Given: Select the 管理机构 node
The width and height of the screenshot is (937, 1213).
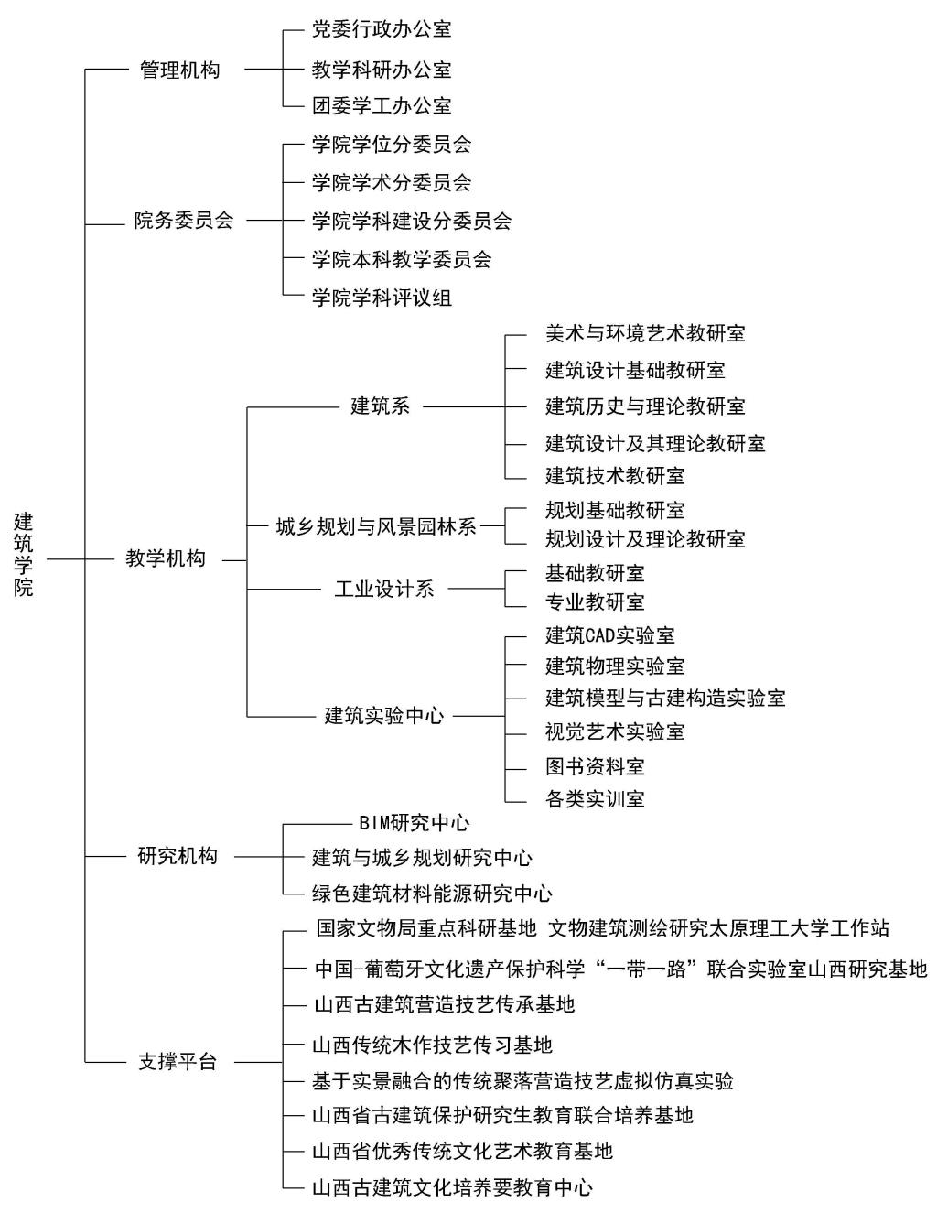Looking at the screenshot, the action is (x=180, y=70).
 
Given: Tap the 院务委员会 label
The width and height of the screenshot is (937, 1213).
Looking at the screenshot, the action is (x=184, y=221).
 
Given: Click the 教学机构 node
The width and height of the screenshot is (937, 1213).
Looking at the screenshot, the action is (x=166, y=558).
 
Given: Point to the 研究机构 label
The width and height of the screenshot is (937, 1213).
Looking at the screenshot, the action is (x=178, y=856).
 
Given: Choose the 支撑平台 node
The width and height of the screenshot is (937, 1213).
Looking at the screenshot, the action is (x=178, y=1061).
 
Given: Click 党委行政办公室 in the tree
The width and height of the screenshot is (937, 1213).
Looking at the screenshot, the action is (x=382, y=29).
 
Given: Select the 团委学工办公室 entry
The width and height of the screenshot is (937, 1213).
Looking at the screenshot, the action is (x=382, y=105).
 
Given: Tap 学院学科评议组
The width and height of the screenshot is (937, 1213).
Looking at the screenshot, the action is (x=382, y=298).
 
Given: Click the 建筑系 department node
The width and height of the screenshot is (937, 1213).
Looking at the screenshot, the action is (x=380, y=406).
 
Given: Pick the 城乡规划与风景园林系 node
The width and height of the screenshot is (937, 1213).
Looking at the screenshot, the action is (x=376, y=526).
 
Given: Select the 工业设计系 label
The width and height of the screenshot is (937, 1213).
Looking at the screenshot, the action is (x=384, y=589).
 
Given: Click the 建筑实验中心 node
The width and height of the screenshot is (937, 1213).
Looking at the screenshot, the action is (x=384, y=716).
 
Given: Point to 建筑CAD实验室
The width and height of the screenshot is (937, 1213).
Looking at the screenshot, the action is (x=609, y=635).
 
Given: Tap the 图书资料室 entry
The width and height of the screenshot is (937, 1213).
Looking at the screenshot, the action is (x=595, y=766).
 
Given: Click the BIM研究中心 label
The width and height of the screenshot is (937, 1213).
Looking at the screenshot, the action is (x=414, y=823).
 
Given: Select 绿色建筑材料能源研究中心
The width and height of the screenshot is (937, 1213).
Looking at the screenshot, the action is (x=432, y=894).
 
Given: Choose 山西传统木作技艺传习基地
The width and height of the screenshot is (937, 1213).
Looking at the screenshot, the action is (x=432, y=1045).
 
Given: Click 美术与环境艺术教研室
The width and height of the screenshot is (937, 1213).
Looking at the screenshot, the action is (x=645, y=333).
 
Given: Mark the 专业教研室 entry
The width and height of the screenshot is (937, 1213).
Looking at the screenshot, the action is (x=595, y=601).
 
